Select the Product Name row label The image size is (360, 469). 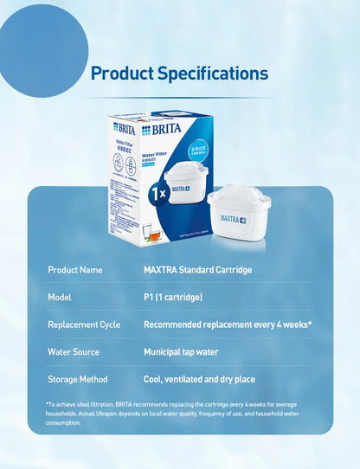point(75,270)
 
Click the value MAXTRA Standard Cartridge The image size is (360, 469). point(197,270)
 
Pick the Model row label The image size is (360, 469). point(60,298)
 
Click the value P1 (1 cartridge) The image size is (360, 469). point(172,298)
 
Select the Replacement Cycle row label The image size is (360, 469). point(84,325)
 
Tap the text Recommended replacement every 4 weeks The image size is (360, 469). point(227,325)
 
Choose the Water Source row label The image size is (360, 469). point(74,352)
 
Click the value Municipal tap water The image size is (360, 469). point(180,352)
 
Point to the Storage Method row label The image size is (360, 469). point(78,379)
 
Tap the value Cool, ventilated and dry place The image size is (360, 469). point(199,379)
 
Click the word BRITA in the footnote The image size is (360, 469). point(124,405)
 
